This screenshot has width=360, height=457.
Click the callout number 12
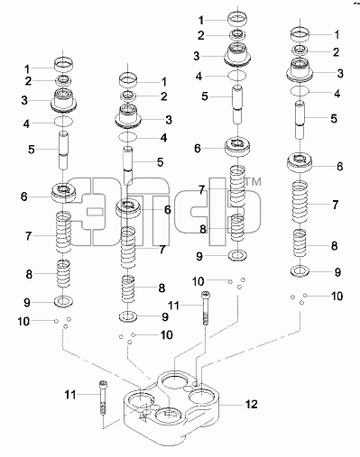tap(252, 404)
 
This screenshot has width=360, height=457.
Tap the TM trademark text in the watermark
tap(253, 181)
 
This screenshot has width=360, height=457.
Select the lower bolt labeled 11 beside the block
tap(103, 398)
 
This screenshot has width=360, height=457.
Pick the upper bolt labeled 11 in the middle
tap(206, 307)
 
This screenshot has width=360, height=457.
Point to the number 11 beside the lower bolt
tap(70, 395)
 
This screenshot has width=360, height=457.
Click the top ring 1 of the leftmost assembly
tap(63, 65)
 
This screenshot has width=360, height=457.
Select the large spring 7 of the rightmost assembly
tap(300, 202)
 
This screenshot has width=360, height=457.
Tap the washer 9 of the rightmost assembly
tap(300, 271)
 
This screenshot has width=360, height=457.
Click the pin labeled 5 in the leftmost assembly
tap(63, 151)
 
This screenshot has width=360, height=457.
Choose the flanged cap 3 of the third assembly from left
tap(237, 54)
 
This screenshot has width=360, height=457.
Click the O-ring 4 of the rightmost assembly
tap(300, 90)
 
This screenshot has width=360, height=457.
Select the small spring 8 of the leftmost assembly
tap(63, 273)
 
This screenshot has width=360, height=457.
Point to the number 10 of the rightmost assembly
tap(337, 297)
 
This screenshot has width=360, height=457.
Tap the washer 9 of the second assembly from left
tap(128, 316)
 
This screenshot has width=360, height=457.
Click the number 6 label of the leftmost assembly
tap(24, 197)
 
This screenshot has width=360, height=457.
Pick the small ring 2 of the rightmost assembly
tap(300, 50)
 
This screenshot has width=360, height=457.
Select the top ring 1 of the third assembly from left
tap(237, 19)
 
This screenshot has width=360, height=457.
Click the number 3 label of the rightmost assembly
tap(340, 73)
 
